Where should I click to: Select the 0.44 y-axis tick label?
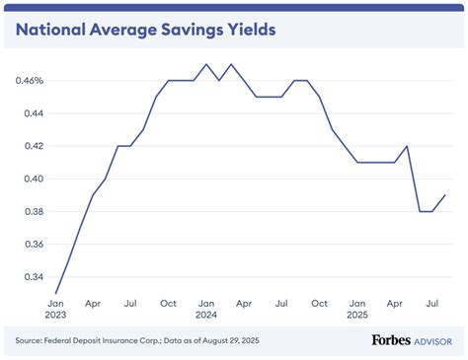click(x=33, y=113)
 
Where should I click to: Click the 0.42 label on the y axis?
click(x=33, y=146)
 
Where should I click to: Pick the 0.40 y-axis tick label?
click(x=33, y=179)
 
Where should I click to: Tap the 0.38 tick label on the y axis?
click(x=33, y=211)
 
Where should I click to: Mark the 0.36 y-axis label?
click(x=33, y=244)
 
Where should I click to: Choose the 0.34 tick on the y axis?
click(x=33, y=276)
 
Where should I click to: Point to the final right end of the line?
click(x=443, y=195)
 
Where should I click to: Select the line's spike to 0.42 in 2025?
click(x=407, y=146)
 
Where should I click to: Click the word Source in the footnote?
click(x=31, y=341)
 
